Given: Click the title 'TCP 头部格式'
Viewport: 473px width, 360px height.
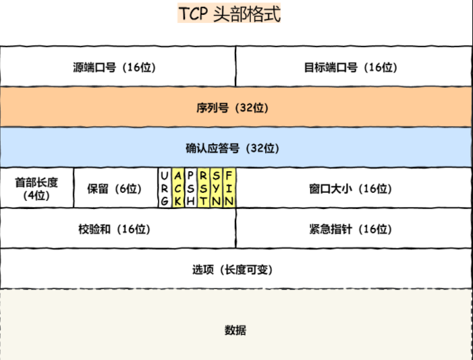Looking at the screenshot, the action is pos(229,14).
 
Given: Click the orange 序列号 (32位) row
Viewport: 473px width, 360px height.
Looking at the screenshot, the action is pos(237,108).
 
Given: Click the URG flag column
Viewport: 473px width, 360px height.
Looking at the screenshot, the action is pos(165,188).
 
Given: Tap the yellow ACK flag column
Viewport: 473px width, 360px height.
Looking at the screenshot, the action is pos(178,188).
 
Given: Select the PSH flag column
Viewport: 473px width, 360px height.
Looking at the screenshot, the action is pos(191,188).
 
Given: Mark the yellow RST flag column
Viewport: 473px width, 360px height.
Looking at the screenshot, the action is pos(204,188).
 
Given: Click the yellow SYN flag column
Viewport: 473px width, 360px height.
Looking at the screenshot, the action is pos(217,188).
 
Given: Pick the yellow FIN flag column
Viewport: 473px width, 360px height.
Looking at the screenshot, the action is pos(229,188).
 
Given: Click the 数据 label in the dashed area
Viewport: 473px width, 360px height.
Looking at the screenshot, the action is pos(235,330).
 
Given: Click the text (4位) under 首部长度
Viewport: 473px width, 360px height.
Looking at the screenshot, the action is pos(36,196).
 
